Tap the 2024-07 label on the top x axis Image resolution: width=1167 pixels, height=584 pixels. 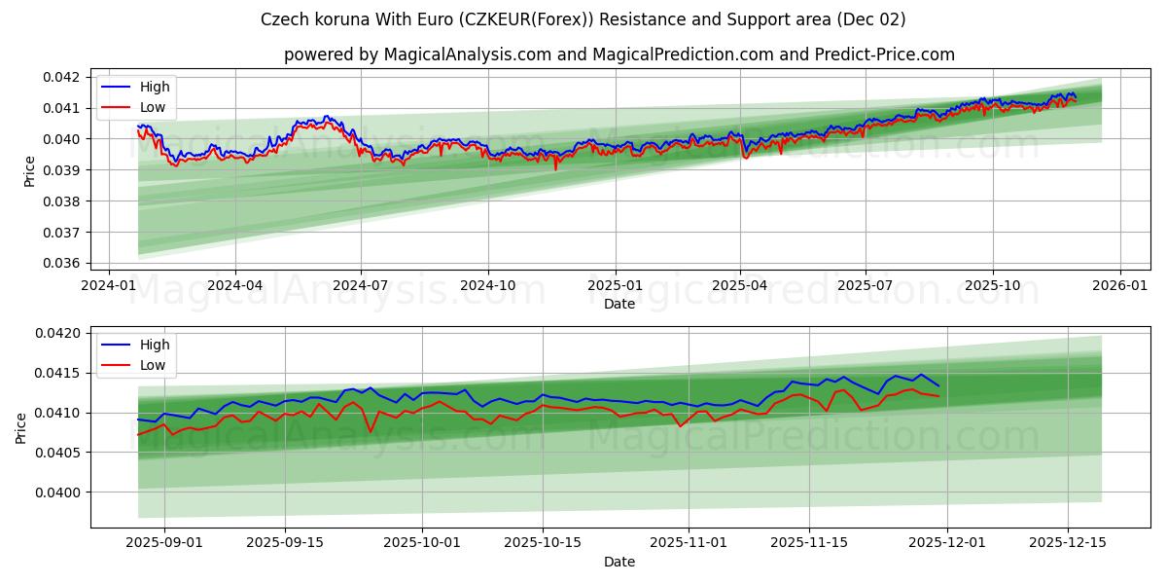click(361, 286)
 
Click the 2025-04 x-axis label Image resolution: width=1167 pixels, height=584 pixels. click(740, 286)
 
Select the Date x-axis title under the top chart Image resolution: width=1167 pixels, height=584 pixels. click(619, 304)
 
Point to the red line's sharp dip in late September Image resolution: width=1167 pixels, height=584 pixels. click(371, 432)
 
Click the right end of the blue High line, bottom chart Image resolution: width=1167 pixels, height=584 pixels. click(938, 385)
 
